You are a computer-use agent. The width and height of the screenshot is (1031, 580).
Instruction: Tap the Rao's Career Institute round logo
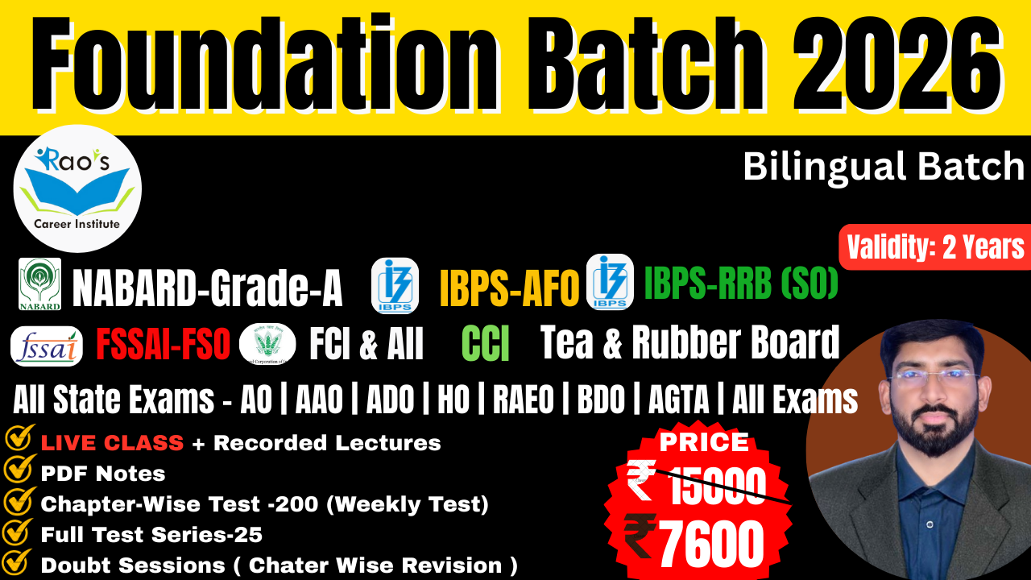77,188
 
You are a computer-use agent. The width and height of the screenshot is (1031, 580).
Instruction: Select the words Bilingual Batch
883,167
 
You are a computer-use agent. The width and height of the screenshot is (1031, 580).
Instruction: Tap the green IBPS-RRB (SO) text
741,283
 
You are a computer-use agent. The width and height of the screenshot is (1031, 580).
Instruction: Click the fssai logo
46,346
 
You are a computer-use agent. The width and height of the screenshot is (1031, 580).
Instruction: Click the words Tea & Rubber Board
689,343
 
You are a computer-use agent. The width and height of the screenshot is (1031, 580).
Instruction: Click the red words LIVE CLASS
112,443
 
